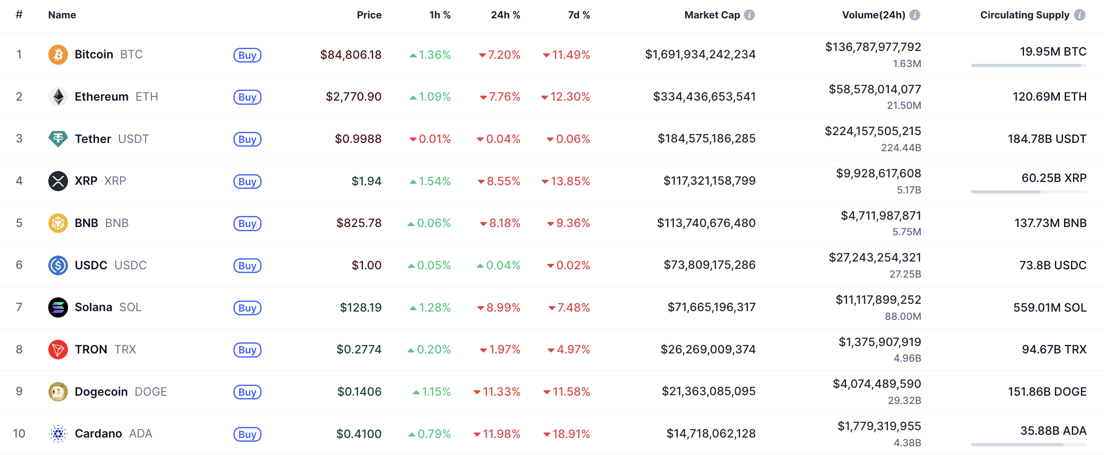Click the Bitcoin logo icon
click(x=58, y=55)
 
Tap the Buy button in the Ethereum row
click(x=247, y=97)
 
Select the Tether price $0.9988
click(x=358, y=139)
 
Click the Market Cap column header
click(x=712, y=15)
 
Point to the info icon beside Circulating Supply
click(x=1080, y=15)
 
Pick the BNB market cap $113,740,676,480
click(x=706, y=223)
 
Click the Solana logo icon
click(x=58, y=307)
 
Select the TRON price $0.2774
click(x=359, y=349)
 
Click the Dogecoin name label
click(x=101, y=392)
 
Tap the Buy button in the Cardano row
click(x=247, y=434)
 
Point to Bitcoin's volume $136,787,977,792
click(x=873, y=47)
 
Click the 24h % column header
click(x=505, y=15)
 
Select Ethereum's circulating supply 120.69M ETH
click(x=1049, y=97)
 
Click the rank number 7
click(x=19, y=307)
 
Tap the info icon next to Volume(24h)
click(x=915, y=15)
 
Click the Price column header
click(x=369, y=15)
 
